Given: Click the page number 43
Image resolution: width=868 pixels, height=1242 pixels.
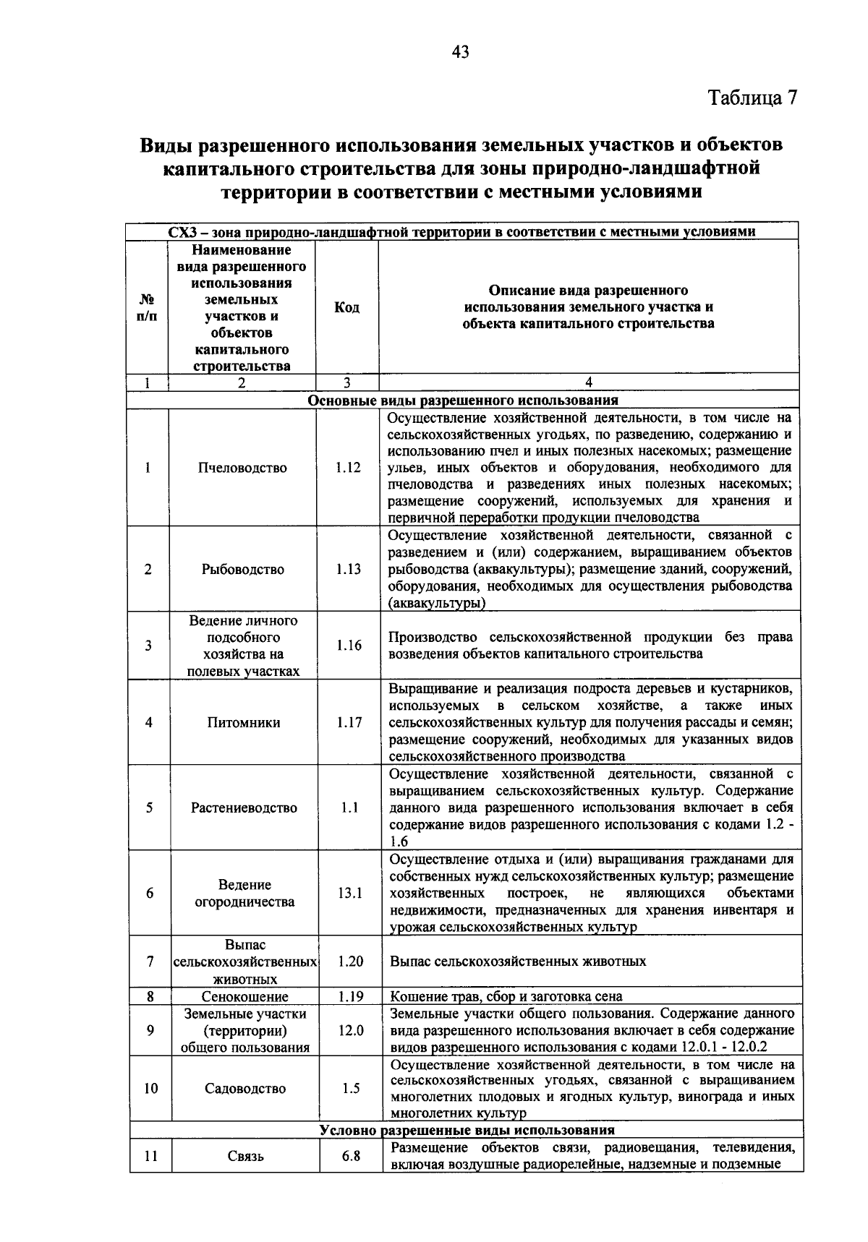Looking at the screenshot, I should tap(460, 51).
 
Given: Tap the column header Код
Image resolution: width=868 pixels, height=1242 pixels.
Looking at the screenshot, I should tap(346, 307).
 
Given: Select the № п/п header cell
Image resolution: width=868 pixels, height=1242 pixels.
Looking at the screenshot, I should tap(147, 307).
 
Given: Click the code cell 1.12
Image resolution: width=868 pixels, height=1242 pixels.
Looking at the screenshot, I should tap(348, 467).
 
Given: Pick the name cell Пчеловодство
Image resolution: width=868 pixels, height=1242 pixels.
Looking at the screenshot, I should tap(242, 468).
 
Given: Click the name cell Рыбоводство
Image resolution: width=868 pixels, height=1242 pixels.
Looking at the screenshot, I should tap(242, 569).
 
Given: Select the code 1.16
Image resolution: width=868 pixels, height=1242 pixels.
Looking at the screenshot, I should tap(349, 645).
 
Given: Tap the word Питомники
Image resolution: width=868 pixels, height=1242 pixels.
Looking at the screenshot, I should tap(243, 722).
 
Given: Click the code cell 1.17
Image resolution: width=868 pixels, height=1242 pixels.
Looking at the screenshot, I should tap(349, 722).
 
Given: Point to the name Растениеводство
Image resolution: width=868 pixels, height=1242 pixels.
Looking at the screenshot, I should tap(244, 808).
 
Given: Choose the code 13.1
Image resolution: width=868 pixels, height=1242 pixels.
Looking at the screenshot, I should tap(349, 893).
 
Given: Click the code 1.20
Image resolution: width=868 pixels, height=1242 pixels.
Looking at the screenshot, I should tap(350, 962).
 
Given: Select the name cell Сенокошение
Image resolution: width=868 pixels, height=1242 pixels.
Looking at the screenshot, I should tap(244, 997).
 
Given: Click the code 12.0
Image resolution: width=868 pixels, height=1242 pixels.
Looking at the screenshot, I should tap(350, 1030).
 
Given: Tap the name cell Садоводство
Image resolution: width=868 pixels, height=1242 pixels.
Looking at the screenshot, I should tap(245, 1088).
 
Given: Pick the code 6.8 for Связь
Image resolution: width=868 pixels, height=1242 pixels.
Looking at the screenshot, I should tap(351, 1156).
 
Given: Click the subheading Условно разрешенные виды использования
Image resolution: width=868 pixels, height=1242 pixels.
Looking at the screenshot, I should tap(467, 1130).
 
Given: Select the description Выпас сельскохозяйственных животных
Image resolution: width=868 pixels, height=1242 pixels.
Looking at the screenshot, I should tap(518, 962).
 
